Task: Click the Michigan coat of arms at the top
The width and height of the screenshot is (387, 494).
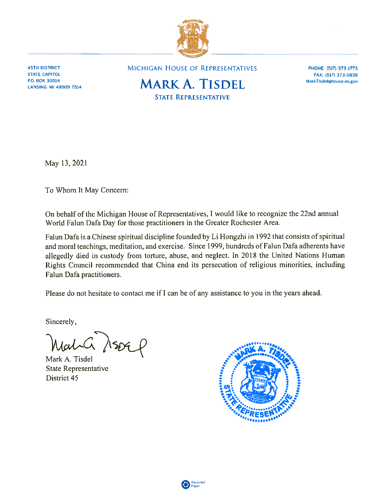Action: tap(192, 38)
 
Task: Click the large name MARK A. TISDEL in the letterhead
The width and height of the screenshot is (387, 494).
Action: tap(192, 84)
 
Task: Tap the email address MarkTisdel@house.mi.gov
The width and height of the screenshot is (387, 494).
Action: tap(332, 81)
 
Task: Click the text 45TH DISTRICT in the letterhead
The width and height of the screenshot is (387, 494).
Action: tap(44, 68)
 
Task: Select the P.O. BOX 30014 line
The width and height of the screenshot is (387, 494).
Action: tap(44, 81)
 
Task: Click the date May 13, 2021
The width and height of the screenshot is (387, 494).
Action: tap(66, 163)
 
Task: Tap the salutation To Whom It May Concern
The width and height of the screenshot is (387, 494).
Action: tap(87, 190)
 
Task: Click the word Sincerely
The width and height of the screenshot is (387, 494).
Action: tap(61, 322)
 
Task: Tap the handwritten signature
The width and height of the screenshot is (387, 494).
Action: tap(97, 344)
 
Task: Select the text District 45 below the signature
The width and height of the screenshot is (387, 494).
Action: tap(62, 378)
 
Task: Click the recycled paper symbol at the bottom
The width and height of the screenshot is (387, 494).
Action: tap(185, 484)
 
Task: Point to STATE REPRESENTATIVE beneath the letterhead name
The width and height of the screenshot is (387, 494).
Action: tap(192, 97)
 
